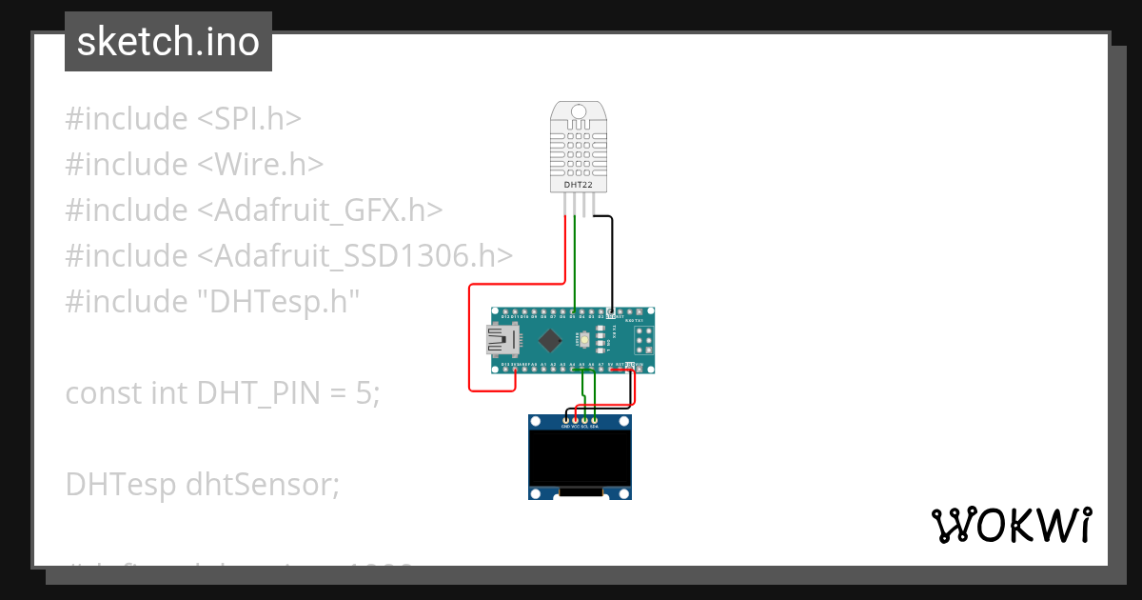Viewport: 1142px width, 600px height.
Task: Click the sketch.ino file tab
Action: point(168,42)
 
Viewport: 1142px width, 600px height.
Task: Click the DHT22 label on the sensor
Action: point(579,185)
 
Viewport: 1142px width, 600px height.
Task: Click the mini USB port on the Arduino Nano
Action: point(501,339)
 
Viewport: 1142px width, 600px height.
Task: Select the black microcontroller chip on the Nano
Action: point(550,339)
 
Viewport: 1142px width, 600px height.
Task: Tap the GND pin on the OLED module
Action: point(565,420)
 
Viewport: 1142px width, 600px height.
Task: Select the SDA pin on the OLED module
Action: point(595,420)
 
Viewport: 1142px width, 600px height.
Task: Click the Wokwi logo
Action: point(1011,525)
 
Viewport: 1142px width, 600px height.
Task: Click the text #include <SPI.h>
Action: point(183,119)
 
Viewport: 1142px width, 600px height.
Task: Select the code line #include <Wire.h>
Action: point(194,165)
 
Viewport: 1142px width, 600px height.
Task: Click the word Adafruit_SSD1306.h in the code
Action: point(363,256)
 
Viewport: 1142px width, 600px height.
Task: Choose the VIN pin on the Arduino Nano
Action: point(640,366)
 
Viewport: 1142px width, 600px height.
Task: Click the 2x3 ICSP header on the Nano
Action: point(643,339)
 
